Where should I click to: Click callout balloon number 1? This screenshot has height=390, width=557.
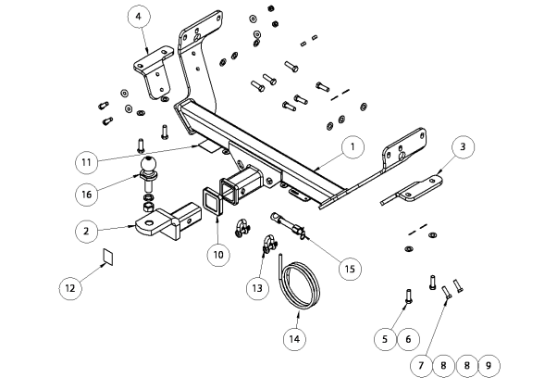352,146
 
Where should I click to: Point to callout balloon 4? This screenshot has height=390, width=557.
138,17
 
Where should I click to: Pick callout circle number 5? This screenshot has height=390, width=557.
385,339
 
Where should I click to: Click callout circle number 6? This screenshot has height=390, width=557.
407,339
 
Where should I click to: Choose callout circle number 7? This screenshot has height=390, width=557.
421,366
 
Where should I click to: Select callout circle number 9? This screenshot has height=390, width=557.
489,366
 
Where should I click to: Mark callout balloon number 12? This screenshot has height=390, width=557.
69,288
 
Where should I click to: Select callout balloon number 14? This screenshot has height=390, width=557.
294,339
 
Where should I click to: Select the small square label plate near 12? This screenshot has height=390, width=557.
107,257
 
